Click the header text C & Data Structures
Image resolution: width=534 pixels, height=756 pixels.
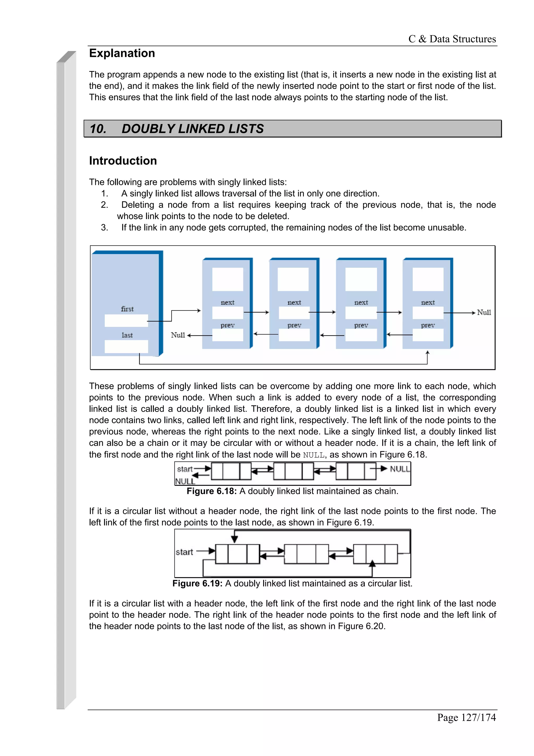(x=452, y=39)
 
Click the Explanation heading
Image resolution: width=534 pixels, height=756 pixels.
(x=122, y=53)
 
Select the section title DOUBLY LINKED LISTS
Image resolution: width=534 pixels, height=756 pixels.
(x=192, y=129)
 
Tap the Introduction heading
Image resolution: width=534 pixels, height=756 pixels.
(x=123, y=161)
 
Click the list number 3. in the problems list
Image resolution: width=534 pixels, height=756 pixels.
(x=104, y=227)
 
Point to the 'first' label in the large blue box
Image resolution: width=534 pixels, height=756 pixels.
(x=127, y=309)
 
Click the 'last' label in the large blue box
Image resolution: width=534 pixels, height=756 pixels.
(x=127, y=335)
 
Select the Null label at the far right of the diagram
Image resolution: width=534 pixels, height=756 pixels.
(x=484, y=313)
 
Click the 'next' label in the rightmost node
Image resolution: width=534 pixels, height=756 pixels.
(x=428, y=302)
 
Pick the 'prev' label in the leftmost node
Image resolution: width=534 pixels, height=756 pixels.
(x=227, y=325)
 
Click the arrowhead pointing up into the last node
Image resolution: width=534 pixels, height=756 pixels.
(x=427, y=353)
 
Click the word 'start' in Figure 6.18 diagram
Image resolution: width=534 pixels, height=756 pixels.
(x=185, y=469)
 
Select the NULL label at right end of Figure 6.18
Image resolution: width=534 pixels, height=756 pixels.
(x=399, y=469)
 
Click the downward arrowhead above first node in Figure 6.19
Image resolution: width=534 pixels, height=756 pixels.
(x=234, y=539)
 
